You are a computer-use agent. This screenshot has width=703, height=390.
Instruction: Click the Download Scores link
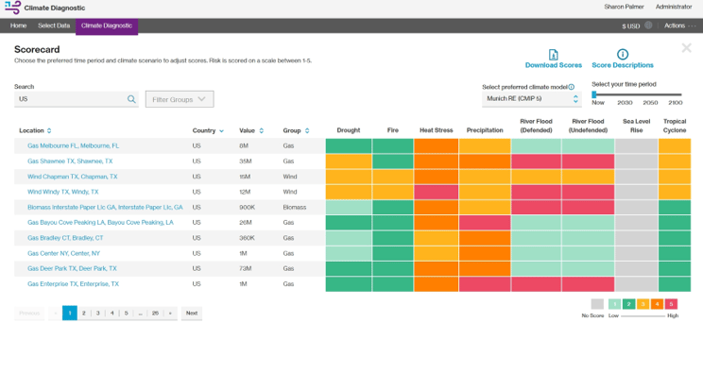click(553, 65)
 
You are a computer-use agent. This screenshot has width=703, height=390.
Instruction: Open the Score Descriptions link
click(622, 65)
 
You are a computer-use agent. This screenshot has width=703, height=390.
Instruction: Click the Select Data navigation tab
click(54, 25)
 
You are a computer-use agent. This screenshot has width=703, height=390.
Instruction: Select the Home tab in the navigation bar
click(18, 25)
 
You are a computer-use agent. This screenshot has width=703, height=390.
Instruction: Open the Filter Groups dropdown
click(180, 98)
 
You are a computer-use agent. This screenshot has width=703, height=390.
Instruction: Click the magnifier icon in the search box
click(131, 98)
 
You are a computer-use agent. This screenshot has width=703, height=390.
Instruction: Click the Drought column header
click(348, 130)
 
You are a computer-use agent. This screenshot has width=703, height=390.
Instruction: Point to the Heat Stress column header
click(436, 130)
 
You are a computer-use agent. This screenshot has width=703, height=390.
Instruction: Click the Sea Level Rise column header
click(636, 126)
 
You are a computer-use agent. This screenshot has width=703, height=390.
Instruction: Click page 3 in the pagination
click(97, 313)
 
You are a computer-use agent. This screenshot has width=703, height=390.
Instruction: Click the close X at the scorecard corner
click(687, 48)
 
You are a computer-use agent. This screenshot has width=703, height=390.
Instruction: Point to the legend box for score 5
click(672, 304)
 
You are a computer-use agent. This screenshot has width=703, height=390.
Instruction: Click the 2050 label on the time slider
click(650, 103)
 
